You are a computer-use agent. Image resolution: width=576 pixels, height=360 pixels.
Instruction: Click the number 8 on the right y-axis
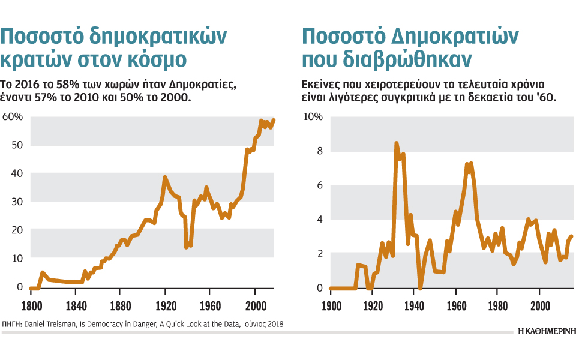click(319, 151)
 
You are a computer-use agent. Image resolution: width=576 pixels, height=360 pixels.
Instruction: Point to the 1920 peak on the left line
click(165, 178)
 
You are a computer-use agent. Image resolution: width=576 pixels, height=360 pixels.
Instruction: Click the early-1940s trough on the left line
click(187, 247)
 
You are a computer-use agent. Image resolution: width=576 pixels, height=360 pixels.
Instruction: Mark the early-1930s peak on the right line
click(397, 143)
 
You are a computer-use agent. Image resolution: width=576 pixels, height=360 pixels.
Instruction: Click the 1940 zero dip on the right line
click(421, 288)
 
